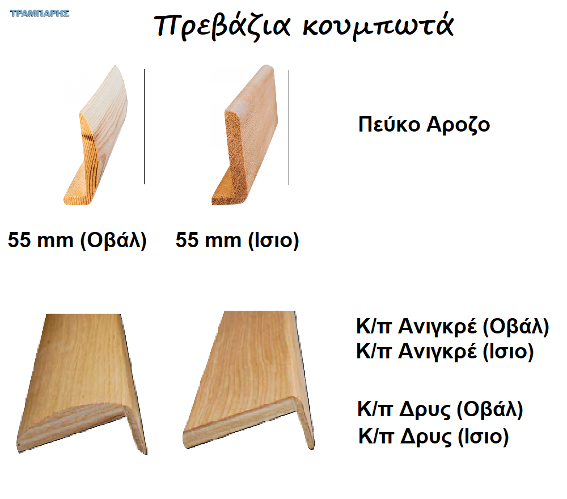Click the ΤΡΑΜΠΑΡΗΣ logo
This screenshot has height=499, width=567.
(x=40, y=14)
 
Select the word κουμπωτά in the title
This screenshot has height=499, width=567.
(x=378, y=26)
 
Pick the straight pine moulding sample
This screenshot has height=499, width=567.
(x=245, y=135)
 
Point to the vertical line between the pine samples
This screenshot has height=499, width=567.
(x=144, y=126)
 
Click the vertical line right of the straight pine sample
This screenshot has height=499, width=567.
(x=289, y=127)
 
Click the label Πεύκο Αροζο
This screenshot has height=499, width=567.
(x=424, y=125)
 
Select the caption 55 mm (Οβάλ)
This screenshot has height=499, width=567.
(x=77, y=240)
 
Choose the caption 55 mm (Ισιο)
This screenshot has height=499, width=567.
(x=238, y=240)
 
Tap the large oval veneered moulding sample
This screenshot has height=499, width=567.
(x=82, y=384)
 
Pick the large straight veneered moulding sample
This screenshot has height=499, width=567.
(x=249, y=380)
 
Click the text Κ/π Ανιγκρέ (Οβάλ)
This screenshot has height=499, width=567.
(x=452, y=327)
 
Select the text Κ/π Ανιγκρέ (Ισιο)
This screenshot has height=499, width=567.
(x=445, y=352)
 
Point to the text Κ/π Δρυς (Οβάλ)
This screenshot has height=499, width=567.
(x=440, y=409)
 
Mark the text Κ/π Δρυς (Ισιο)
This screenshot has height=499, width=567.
(x=434, y=437)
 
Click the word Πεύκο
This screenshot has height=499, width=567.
(x=390, y=124)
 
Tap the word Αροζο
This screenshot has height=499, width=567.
(x=459, y=125)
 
